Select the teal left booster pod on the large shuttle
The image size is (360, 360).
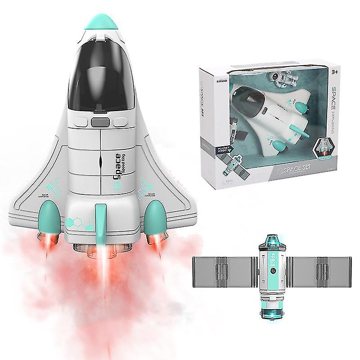[49, 216]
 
